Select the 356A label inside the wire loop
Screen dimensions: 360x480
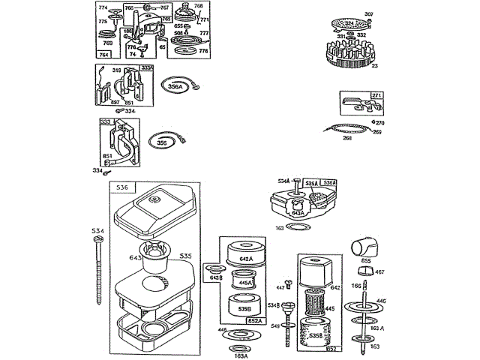[175, 87]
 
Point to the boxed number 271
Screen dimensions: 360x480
[376, 96]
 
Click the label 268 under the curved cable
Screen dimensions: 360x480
[347, 137]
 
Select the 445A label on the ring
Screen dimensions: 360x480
[244, 283]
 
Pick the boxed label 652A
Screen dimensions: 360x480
[254, 320]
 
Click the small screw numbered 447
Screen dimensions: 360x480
[281, 287]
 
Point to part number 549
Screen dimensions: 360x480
[275, 325]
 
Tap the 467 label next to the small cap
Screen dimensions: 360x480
[379, 272]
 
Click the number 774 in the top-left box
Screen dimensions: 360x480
[103, 7]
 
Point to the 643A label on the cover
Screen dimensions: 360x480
[298, 213]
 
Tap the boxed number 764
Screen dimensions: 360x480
[104, 55]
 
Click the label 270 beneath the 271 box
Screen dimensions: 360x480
[380, 123]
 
